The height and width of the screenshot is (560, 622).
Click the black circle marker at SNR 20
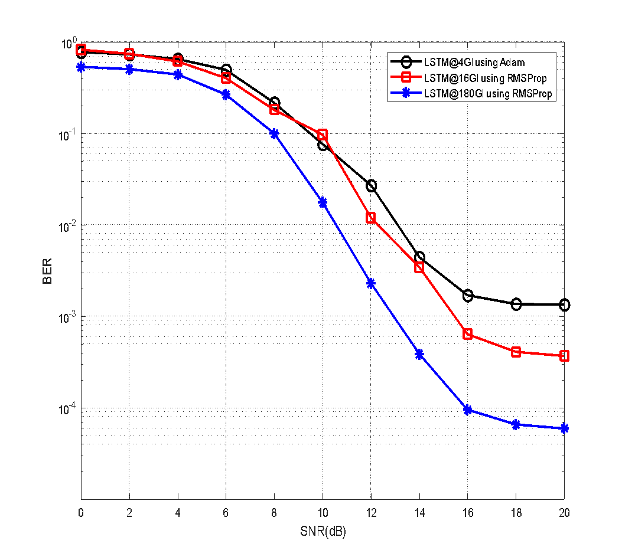(x=564, y=305)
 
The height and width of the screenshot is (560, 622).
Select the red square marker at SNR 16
(x=468, y=334)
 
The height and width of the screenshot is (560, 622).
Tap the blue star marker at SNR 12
(x=371, y=283)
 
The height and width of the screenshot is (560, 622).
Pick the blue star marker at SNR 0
(x=81, y=67)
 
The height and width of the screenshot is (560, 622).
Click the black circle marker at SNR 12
(x=371, y=186)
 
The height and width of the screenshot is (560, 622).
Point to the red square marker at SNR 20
(x=564, y=356)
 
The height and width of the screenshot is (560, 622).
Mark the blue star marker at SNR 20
(x=564, y=428)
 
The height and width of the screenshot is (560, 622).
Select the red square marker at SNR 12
(x=371, y=218)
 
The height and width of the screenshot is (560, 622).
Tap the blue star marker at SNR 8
(x=274, y=134)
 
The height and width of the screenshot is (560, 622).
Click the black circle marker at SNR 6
(x=226, y=70)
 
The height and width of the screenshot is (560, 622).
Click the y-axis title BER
(x=47, y=271)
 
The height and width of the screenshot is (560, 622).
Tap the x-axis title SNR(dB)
(x=323, y=532)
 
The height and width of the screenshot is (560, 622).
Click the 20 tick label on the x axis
(x=564, y=513)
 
